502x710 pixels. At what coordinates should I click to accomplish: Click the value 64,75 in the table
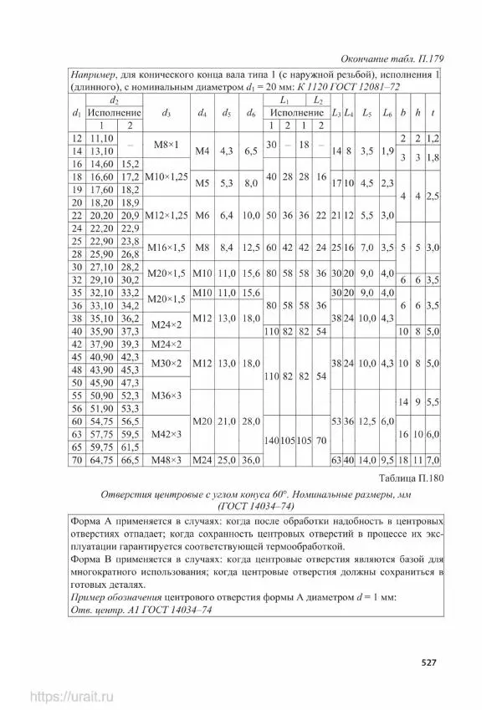pos(101,459)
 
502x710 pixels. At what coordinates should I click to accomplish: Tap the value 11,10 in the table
pos(101,138)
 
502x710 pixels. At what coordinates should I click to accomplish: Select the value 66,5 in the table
pos(130,459)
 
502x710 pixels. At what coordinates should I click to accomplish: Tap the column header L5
pos(366,112)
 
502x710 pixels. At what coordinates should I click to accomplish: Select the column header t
pos(432,112)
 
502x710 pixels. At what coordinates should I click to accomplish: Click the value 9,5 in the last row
pos(387,459)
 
